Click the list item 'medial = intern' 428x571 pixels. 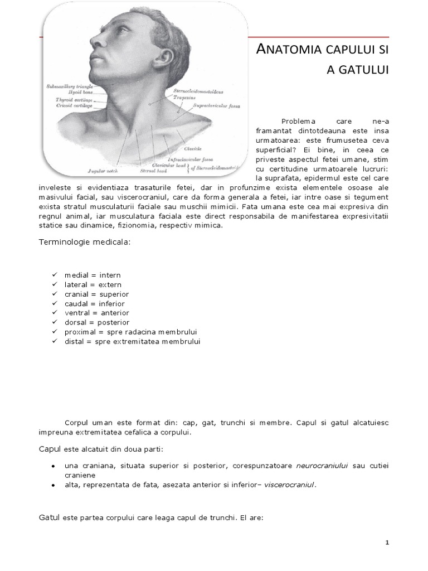point(92,275)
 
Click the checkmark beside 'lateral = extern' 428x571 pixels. point(54,284)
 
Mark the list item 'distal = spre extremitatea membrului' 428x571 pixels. point(132,341)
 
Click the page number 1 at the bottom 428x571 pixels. point(387,543)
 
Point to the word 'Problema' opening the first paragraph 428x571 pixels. point(298,121)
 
